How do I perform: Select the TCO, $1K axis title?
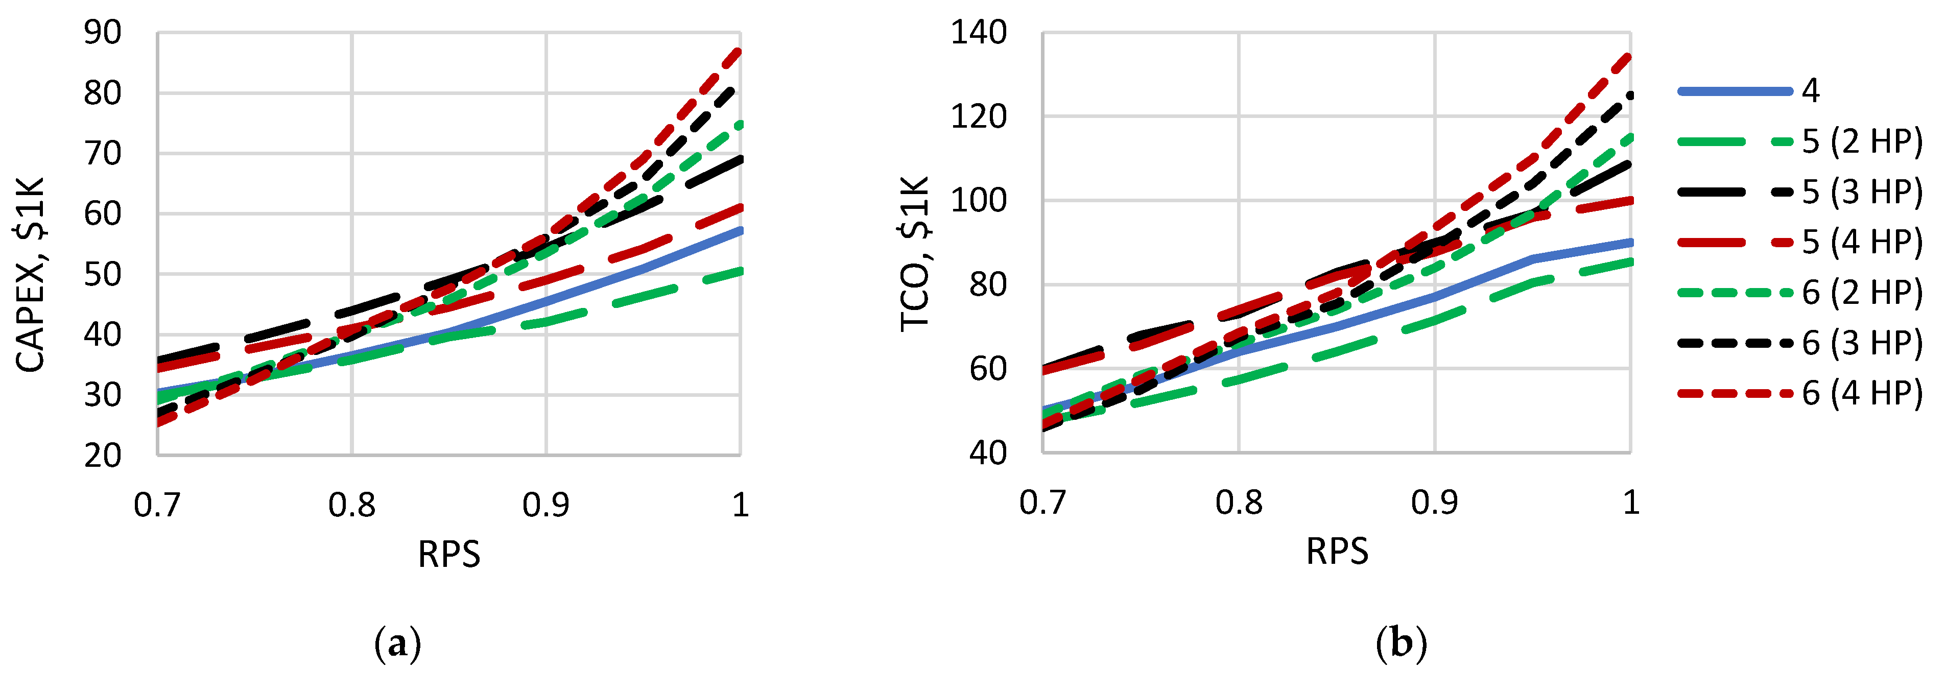click(x=915, y=253)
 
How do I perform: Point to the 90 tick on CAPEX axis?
click(x=102, y=33)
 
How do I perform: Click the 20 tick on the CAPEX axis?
click(x=102, y=456)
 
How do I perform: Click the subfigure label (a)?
click(x=397, y=645)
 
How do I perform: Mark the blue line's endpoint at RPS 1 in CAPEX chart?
click(x=740, y=230)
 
